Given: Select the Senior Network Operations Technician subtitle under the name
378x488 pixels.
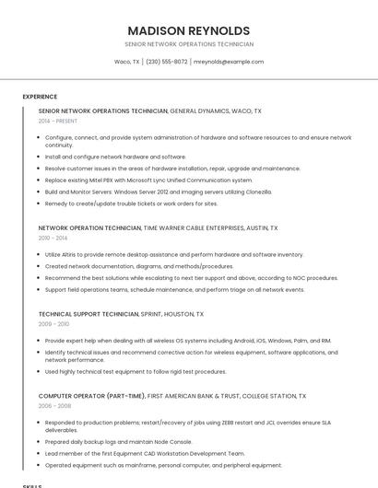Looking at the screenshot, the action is click(x=189, y=44).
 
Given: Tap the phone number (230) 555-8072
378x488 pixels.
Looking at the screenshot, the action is click(x=167, y=62).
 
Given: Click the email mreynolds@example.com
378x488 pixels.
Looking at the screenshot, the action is click(x=229, y=62).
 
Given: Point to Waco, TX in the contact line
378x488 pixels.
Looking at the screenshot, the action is click(x=126, y=62).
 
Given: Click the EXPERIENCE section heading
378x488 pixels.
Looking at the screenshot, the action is click(x=40, y=97).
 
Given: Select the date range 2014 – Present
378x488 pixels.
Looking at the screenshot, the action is click(x=58, y=121).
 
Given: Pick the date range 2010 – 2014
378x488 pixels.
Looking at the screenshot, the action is click(x=53, y=238).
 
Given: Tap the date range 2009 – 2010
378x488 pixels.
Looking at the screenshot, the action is click(x=53, y=324).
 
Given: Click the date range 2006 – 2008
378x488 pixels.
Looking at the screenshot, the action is click(x=54, y=405).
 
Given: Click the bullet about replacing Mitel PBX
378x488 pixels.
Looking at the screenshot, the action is click(x=148, y=180).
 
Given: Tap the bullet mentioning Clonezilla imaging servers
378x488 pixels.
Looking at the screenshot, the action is click(x=159, y=192).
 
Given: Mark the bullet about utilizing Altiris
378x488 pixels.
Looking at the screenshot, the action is click(x=174, y=254).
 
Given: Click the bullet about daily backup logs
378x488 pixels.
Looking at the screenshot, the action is click(x=123, y=442).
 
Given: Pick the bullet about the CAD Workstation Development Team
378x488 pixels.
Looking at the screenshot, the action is click(x=145, y=453).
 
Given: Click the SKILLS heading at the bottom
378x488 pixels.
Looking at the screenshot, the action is click(x=32, y=484).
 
